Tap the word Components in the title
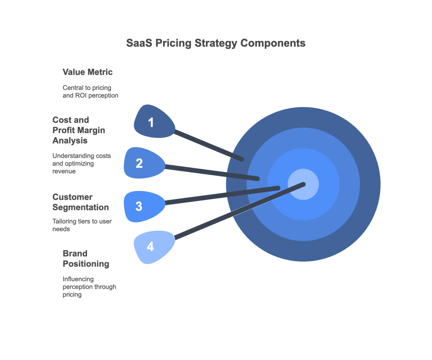click(273, 43)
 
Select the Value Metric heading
click(87, 72)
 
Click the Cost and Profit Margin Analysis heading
click(78, 130)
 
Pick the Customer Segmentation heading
click(80, 202)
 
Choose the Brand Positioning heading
click(86, 258)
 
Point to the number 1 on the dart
click(151, 123)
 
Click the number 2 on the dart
click(139, 163)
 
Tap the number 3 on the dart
click(139, 207)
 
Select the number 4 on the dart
click(150, 247)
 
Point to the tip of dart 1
click(242, 159)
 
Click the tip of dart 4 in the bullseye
click(303, 184)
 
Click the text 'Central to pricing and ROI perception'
click(90, 92)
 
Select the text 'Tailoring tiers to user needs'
click(82, 225)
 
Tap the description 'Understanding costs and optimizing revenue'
click(82, 163)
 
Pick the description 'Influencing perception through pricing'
click(89, 287)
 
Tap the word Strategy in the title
click(216, 43)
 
